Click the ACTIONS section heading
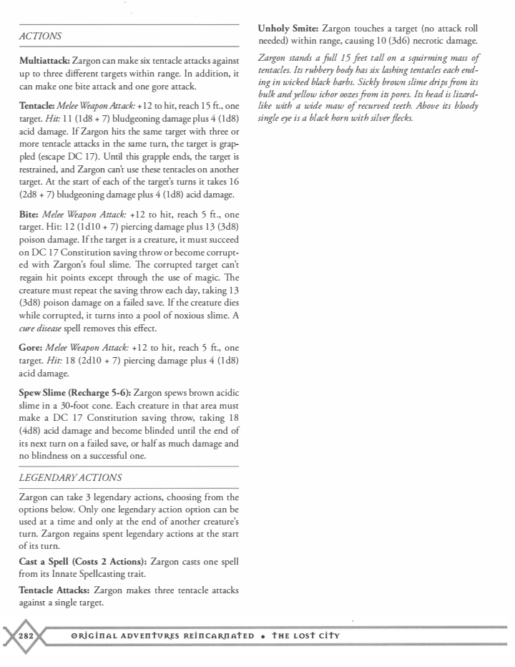[x=40, y=36]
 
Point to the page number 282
[x=26, y=636]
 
